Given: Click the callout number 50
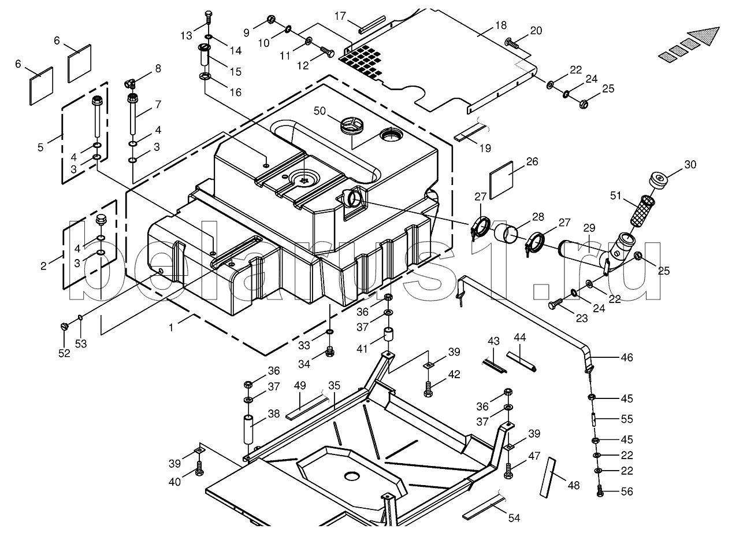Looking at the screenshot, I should pos(320,110).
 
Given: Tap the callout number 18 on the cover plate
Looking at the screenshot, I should pos(500,25).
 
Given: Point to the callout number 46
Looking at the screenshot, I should pos(626,358).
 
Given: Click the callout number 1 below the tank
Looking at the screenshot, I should pos(171,328).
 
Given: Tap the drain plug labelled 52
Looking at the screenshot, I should pos(64,327).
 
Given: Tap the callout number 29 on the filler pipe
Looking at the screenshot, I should pos(588,228).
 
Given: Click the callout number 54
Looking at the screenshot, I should pos(514,518).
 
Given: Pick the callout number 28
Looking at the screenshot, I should pos(538,217).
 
